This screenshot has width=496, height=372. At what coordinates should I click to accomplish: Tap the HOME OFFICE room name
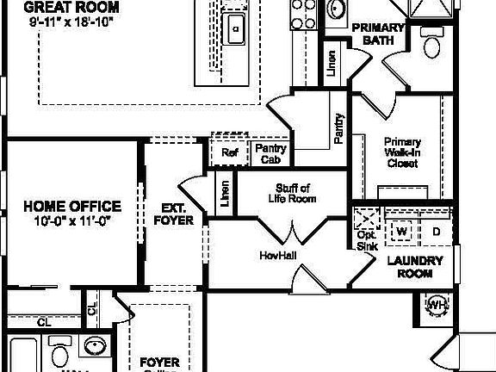[x=71, y=207]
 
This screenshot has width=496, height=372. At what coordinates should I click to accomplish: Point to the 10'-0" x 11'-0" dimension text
[x=71, y=221]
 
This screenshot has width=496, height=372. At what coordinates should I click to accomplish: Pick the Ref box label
[x=229, y=153]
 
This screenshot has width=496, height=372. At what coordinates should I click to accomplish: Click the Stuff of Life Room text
[x=293, y=193]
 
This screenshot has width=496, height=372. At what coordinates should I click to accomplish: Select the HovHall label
[x=277, y=256]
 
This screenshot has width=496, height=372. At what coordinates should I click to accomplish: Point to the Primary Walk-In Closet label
[x=402, y=152]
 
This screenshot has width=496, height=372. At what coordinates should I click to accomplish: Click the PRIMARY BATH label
[x=380, y=34]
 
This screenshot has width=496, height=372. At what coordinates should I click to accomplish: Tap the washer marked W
[x=400, y=231]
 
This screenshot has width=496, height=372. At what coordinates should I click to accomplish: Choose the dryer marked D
[x=436, y=231]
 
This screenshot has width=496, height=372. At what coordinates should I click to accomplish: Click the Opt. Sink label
[x=367, y=239]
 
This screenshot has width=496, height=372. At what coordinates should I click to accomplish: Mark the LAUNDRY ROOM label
[x=414, y=267]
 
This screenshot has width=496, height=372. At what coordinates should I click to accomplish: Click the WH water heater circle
[x=437, y=304]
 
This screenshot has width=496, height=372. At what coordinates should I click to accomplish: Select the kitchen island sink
[x=234, y=33]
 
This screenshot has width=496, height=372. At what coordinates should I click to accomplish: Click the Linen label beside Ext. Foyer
[x=226, y=194]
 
